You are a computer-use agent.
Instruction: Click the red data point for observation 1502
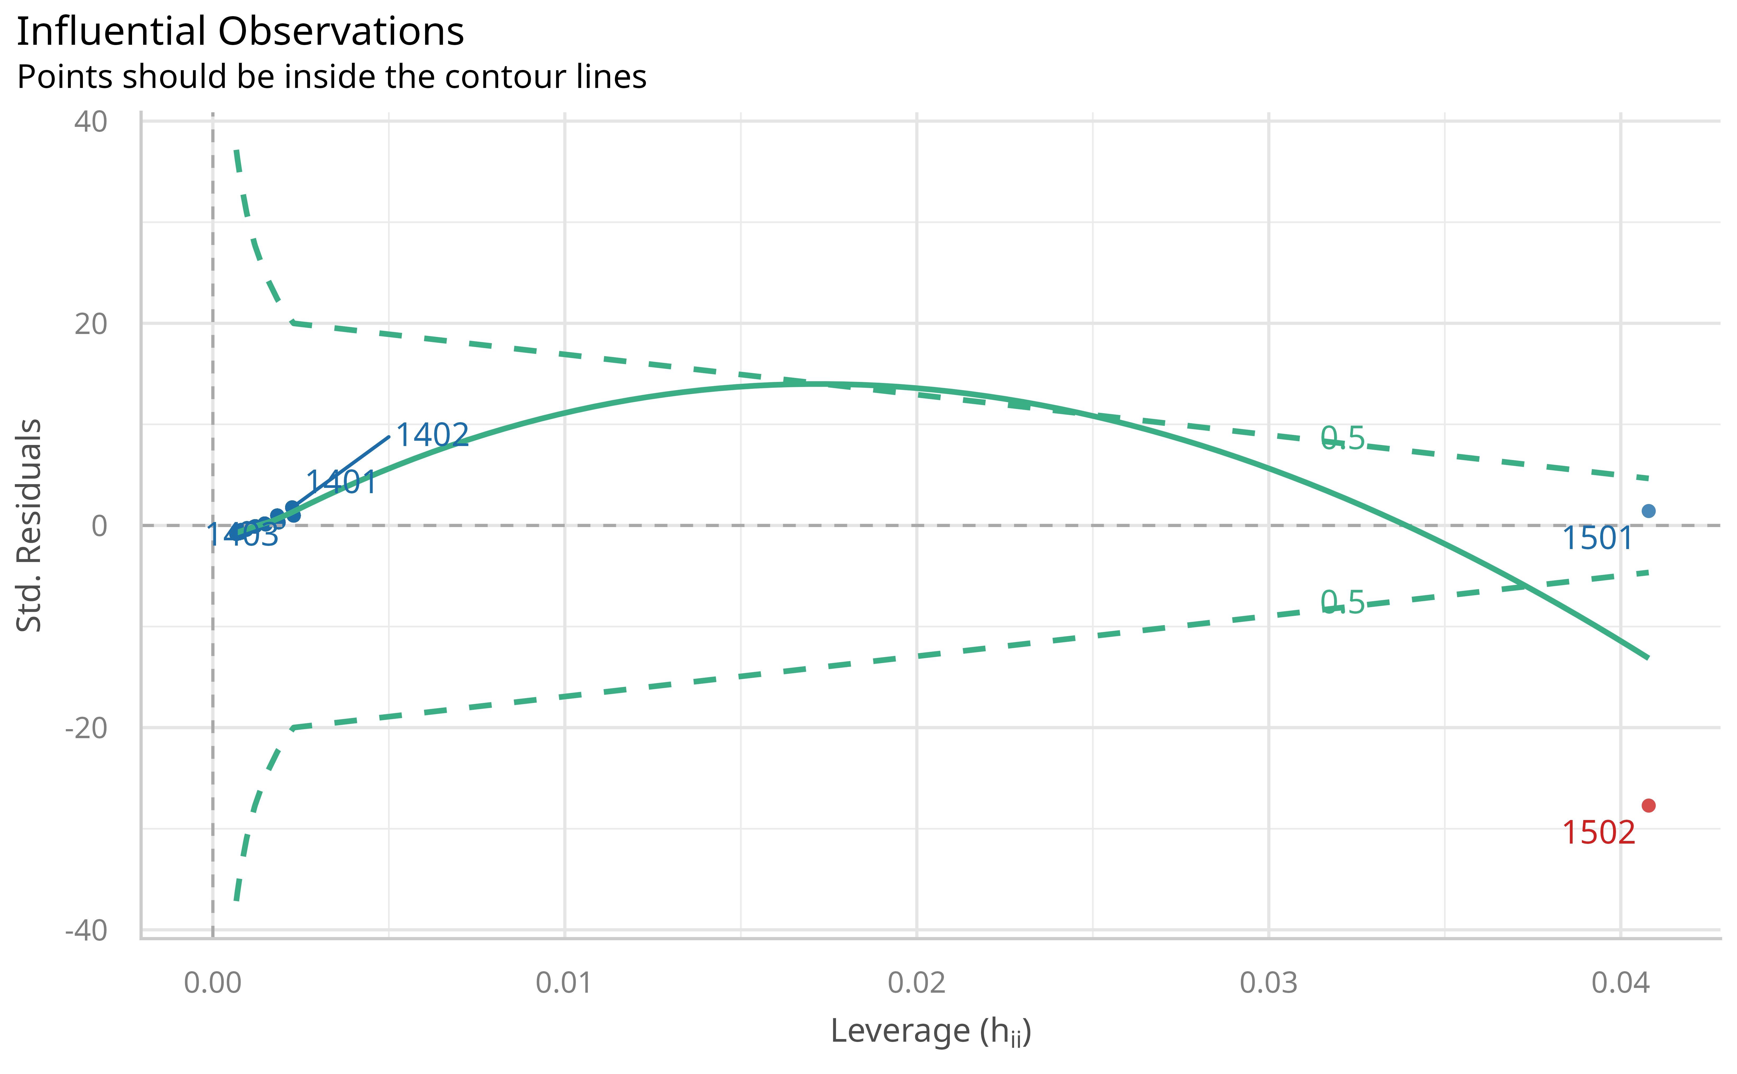point(1648,805)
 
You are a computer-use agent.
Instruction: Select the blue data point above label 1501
point(1648,511)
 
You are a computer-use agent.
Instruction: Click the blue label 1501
point(1597,538)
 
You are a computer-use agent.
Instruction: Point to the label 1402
point(432,435)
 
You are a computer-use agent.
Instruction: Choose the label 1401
point(341,482)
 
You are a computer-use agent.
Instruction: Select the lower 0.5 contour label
point(1342,602)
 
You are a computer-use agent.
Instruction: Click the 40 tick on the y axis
point(90,122)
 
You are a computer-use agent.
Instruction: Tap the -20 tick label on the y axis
point(86,728)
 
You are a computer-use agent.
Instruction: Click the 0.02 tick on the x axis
point(916,983)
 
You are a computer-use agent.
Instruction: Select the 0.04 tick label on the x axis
point(1621,983)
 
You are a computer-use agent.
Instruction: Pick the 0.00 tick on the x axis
point(213,983)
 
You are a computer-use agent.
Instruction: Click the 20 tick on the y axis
point(90,324)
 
